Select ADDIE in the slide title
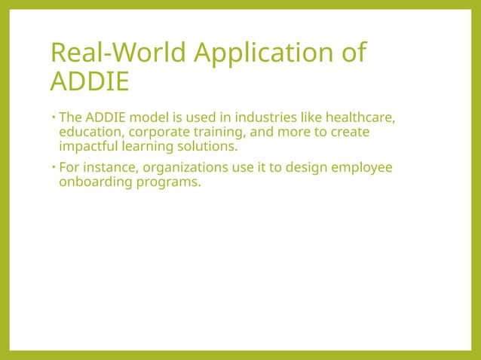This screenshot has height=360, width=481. [89, 81]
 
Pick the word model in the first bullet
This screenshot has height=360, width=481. [157, 117]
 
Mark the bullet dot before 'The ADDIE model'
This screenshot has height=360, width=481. [53, 117]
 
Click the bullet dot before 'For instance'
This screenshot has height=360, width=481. [53, 167]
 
